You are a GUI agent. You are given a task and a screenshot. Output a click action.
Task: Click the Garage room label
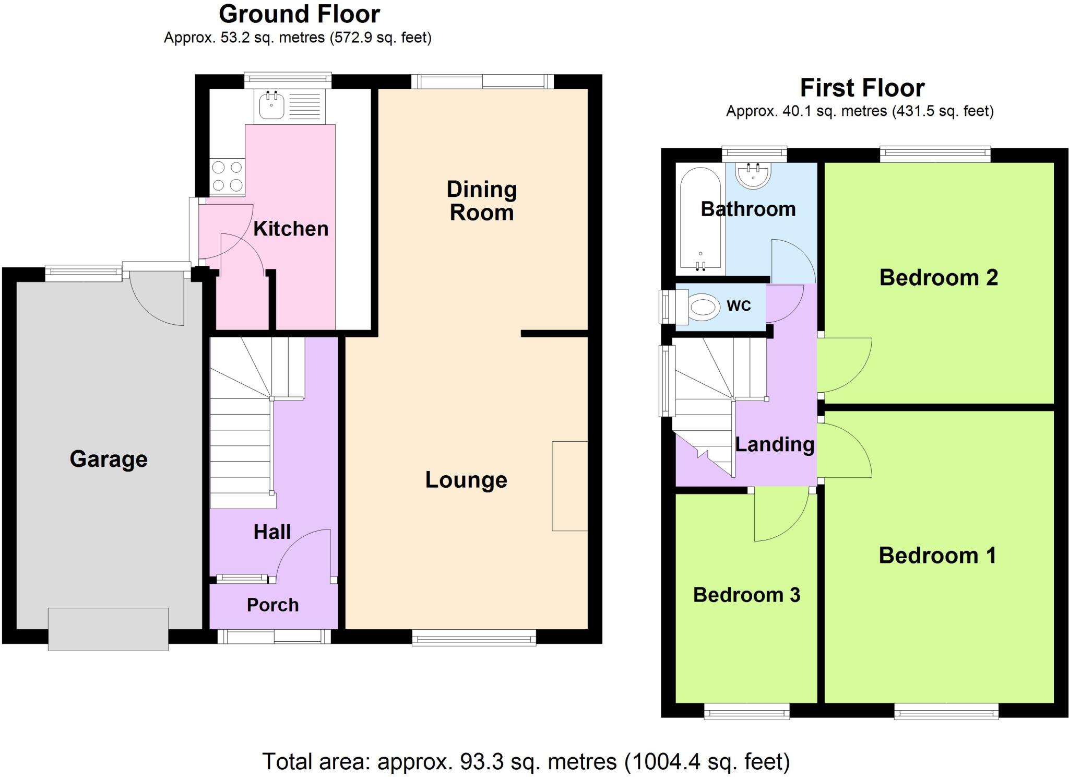click(109, 459)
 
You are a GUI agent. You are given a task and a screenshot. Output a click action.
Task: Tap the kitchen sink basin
click(271, 106)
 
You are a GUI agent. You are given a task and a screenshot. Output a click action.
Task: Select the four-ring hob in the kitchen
click(227, 176)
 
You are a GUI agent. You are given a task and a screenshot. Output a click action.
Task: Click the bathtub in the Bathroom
click(700, 219)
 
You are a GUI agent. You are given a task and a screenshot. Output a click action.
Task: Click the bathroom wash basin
click(753, 175)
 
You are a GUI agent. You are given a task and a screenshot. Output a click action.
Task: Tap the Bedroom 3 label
click(746, 595)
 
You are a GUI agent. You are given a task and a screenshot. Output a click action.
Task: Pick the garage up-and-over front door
click(108, 629)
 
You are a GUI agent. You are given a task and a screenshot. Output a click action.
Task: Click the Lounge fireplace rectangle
click(570, 486)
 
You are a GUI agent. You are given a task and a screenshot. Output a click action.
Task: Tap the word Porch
click(272, 605)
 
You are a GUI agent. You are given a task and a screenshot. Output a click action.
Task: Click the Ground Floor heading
click(299, 14)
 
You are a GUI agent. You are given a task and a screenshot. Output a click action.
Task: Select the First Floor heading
click(862, 88)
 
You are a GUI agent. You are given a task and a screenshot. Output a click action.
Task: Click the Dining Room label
click(481, 201)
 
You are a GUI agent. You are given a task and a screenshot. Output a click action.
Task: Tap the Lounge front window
click(474, 637)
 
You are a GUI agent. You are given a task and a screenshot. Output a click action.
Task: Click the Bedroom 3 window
click(746, 711)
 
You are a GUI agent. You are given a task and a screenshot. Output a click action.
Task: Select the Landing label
click(775, 444)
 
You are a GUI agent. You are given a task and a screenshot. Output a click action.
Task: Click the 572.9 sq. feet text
click(380, 38)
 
